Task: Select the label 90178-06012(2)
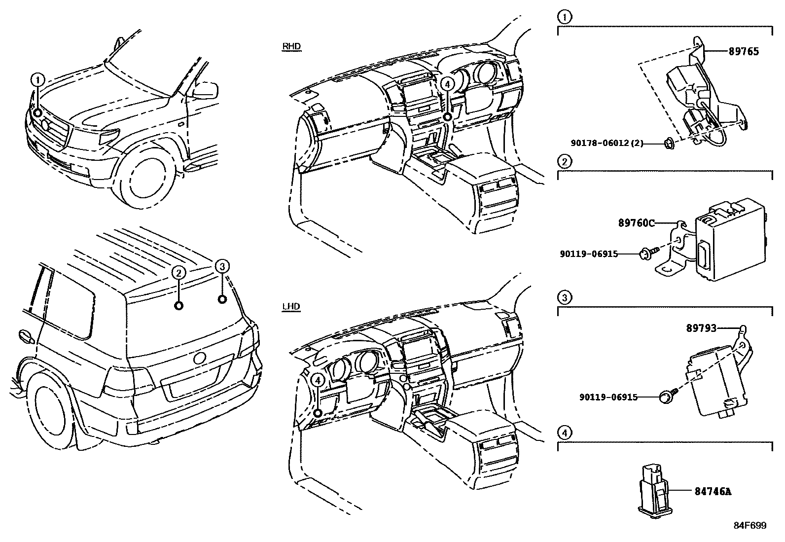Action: pyautogui.click(x=607, y=143)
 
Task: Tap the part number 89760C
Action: pyautogui.click(x=636, y=223)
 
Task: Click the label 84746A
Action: pyautogui.click(x=713, y=491)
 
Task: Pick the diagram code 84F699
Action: pyautogui.click(x=749, y=526)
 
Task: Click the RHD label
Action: pyautogui.click(x=291, y=47)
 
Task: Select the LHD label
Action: pyautogui.click(x=291, y=307)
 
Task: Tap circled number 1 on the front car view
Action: pyautogui.click(x=38, y=80)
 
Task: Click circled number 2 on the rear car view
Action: pyautogui.click(x=178, y=272)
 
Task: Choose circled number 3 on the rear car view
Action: pyautogui.click(x=222, y=267)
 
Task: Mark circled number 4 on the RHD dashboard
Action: pyautogui.click(x=447, y=84)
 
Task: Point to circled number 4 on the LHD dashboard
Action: pyautogui.click(x=318, y=380)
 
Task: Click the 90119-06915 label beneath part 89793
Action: pyautogui.click(x=608, y=397)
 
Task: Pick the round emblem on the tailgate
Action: pyautogui.click(x=200, y=359)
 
